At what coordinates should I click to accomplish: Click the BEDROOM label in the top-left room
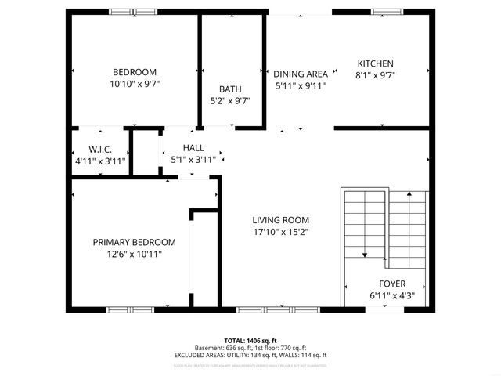click(134, 71)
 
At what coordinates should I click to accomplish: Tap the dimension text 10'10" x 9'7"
click(134, 83)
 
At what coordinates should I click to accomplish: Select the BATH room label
click(230, 89)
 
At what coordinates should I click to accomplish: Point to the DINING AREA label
click(300, 74)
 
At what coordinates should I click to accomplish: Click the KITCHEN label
click(376, 64)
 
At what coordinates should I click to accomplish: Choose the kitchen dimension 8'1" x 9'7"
click(376, 76)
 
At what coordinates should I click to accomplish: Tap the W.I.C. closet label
click(100, 149)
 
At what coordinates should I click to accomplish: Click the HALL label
click(193, 147)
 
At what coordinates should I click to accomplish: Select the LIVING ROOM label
click(280, 220)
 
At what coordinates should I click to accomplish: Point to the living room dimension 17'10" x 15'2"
click(280, 232)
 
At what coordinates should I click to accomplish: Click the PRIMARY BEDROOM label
click(134, 242)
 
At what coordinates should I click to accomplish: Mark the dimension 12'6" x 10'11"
click(134, 254)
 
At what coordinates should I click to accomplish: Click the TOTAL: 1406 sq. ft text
click(250, 341)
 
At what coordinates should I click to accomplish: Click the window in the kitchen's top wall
click(383, 12)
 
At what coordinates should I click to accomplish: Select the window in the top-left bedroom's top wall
click(132, 12)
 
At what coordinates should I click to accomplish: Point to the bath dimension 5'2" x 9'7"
click(230, 101)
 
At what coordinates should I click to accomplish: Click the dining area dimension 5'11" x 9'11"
click(300, 85)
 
